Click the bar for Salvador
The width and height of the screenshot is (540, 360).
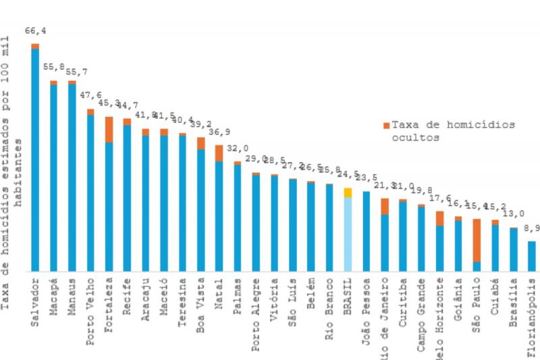35,159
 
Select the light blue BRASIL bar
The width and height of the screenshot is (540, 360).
348,234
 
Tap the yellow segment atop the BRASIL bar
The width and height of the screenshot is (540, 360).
348,192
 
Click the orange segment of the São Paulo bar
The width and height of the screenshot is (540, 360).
477,240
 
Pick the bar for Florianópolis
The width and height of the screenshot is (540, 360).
531,256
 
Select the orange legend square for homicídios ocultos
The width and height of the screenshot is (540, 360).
386,125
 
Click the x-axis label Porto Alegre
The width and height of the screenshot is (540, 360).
256,304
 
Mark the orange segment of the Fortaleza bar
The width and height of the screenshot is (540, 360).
109,129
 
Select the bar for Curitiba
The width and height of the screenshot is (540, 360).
403,236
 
